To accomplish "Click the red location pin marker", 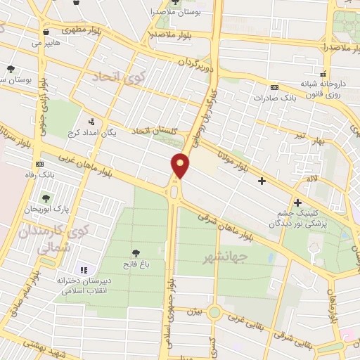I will (181, 166).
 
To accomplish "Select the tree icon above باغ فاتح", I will (135, 252).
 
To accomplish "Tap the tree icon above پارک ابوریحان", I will (47, 197).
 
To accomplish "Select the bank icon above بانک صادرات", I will (274, 86).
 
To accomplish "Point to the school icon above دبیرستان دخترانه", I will (84, 269).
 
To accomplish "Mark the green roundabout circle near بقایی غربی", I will (214, 311).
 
